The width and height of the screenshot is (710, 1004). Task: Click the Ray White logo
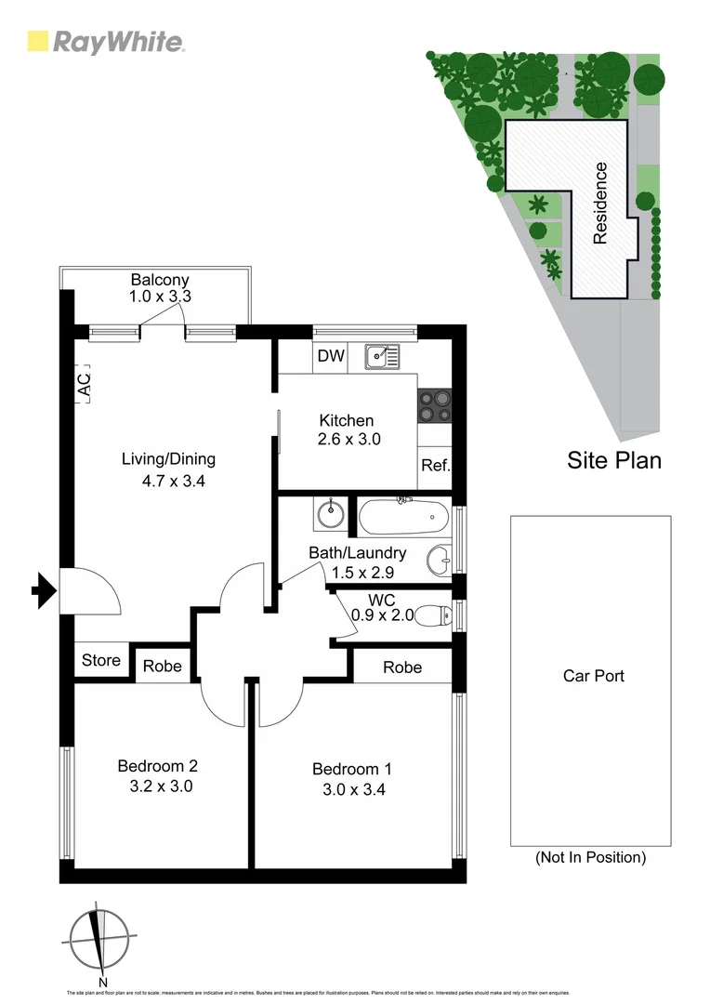pyautogui.click(x=106, y=42)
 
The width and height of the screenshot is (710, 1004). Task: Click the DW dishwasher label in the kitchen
pyautogui.click(x=330, y=356)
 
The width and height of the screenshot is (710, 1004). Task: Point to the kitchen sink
pyautogui.click(x=382, y=354)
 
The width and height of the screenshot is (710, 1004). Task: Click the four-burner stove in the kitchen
pyautogui.click(x=434, y=405)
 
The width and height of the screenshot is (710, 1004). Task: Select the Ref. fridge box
pyautogui.click(x=435, y=465)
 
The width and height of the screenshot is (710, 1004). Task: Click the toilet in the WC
pyautogui.click(x=433, y=614)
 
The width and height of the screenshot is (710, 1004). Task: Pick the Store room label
pyautogui.click(x=101, y=660)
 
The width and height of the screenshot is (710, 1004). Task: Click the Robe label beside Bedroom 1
pyautogui.click(x=401, y=667)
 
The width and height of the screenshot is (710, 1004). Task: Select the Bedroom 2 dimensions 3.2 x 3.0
pyautogui.click(x=157, y=786)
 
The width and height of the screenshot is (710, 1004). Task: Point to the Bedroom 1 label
pyautogui.click(x=352, y=769)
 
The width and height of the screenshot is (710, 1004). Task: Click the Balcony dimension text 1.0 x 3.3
pyautogui.click(x=160, y=297)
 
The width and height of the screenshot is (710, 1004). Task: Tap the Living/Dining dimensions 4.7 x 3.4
pyautogui.click(x=168, y=482)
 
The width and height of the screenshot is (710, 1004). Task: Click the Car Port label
pyautogui.click(x=593, y=676)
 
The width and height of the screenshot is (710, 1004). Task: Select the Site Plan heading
pyautogui.click(x=614, y=460)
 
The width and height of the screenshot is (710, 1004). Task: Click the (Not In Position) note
pyautogui.click(x=590, y=857)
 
